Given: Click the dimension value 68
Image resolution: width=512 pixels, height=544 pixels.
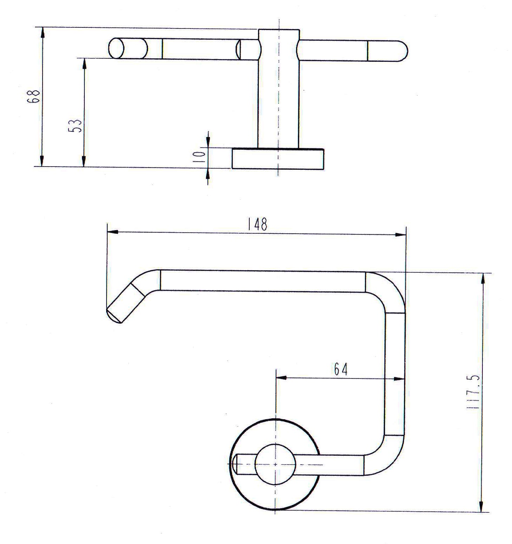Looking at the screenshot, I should tap(33, 96).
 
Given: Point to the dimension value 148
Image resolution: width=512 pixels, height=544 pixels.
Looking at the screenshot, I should tap(257, 224).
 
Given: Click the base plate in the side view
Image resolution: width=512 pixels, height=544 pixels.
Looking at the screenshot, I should tap(278, 159).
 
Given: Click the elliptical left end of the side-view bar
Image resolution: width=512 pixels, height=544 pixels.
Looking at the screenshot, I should tap(117, 48).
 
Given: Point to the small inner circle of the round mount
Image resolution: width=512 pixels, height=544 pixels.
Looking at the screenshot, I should tap(275, 464).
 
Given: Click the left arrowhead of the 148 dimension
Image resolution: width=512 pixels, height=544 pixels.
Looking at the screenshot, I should tap(112, 232).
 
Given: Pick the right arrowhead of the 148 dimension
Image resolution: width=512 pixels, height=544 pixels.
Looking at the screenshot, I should tap(401, 235).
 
